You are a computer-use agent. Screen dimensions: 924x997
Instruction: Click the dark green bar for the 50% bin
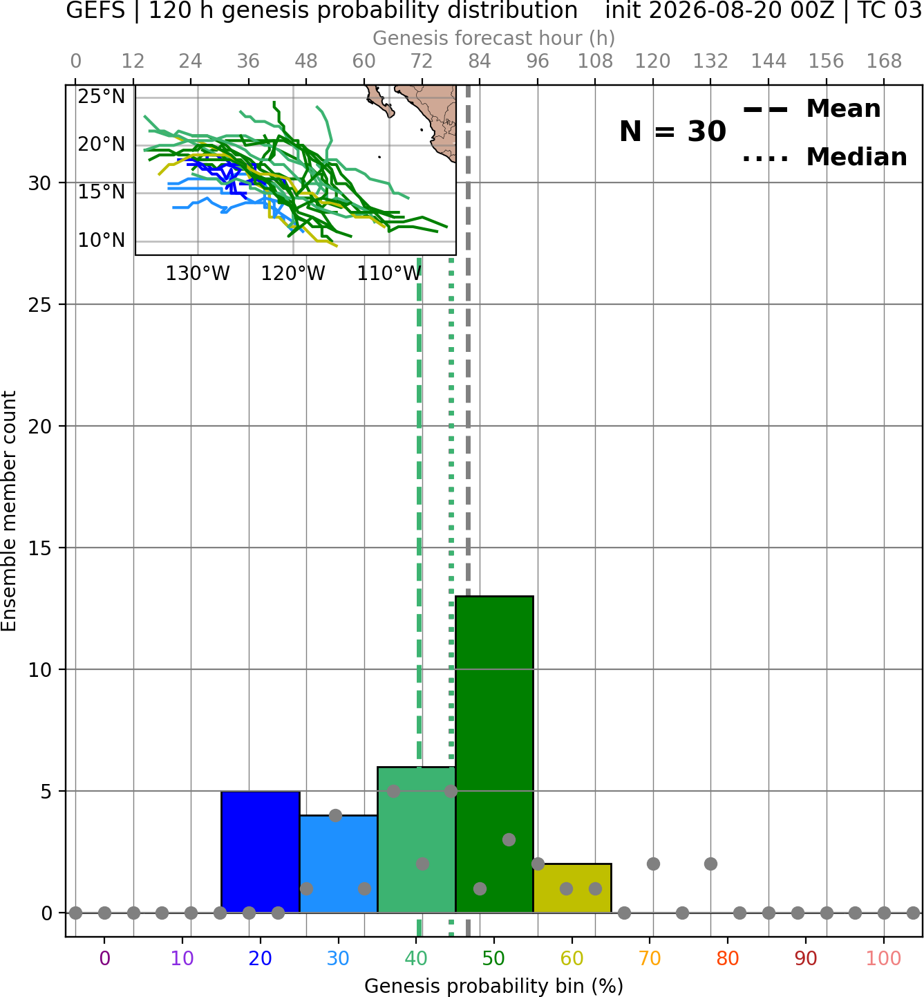[494, 754]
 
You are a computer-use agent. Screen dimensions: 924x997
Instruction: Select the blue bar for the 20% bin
[261, 852]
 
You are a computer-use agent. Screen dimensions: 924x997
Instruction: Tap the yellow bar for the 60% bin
[572, 888]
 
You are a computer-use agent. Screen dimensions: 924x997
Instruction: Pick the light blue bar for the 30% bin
[338, 864]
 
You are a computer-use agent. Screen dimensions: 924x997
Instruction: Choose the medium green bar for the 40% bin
[416, 840]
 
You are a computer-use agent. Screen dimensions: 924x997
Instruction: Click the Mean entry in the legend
[811, 109]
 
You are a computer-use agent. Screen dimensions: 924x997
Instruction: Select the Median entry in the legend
[824, 157]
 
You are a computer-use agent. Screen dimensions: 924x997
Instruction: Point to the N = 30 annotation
[672, 131]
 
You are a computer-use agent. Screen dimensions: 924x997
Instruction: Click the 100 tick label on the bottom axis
[883, 958]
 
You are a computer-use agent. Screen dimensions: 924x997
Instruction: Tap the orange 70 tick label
[650, 958]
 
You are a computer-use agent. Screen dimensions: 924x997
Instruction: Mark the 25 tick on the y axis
[39, 305]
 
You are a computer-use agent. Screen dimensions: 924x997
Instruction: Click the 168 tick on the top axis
[884, 62]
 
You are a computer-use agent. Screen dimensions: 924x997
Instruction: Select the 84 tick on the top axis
[480, 62]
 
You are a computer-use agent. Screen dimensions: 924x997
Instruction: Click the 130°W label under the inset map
[198, 274]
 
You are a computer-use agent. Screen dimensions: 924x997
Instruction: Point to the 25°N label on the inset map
[102, 96]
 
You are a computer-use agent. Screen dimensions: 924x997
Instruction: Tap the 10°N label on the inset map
[102, 241]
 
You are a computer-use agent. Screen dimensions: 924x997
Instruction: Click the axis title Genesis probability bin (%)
[494, 986]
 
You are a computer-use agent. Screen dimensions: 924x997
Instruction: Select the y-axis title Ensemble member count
[8, 511]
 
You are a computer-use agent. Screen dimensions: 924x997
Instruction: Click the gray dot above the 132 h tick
[710, 864]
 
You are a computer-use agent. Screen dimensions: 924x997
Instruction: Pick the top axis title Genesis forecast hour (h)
[494, 38]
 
